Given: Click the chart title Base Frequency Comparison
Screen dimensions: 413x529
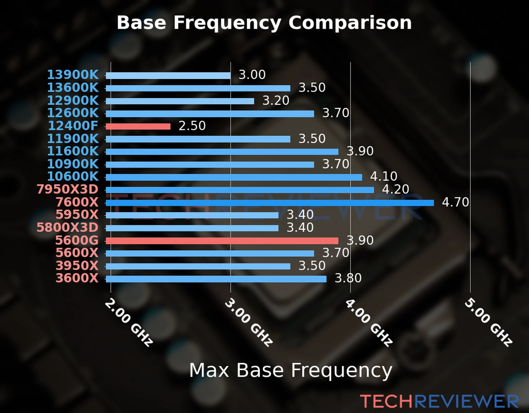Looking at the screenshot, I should [264, 23].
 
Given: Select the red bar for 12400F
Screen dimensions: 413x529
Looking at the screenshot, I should [138, 127].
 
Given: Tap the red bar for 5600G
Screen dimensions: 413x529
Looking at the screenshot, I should [222, 241].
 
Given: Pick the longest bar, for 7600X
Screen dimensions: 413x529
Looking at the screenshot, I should [270, 203].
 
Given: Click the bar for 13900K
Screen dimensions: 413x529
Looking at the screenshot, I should [168, 76].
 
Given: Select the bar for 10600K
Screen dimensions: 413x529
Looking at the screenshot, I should [234, 177].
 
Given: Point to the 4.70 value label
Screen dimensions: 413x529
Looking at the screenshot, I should [455, 202].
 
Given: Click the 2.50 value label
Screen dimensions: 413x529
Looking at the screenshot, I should [192, 126].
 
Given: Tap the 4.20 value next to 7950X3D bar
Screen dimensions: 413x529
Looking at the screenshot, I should [395, 189].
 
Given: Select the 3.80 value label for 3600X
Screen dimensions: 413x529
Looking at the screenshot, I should [348, 278].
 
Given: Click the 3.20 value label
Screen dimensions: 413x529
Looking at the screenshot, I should [276, 100].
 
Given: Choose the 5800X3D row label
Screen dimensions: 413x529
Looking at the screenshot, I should [68, 227].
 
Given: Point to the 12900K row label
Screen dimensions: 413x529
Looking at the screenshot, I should [73, 100].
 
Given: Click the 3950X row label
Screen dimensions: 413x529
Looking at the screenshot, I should [77, 266].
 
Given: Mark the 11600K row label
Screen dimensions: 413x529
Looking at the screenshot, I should [73, 151].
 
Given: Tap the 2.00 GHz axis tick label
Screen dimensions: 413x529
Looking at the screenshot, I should [128, 322].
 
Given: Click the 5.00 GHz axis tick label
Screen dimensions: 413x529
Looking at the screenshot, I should [488, 322].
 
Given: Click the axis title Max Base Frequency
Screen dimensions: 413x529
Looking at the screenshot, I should [291, 371].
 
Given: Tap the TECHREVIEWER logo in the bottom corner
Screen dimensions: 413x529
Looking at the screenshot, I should [439, 402].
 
